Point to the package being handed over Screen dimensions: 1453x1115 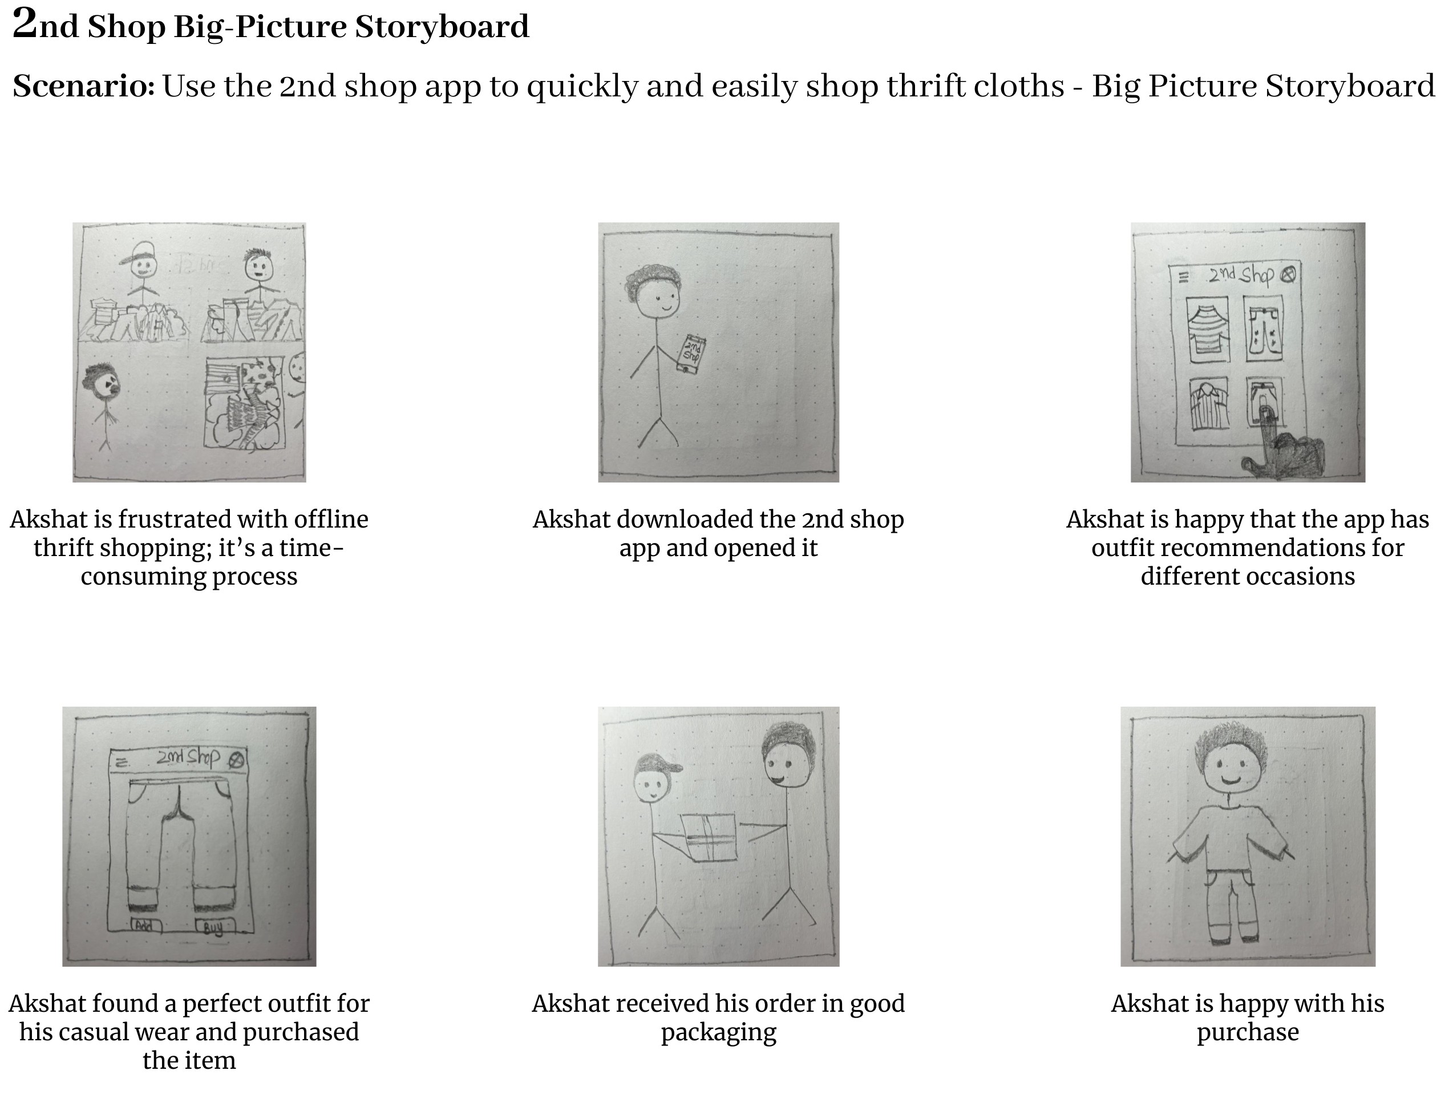(709, 837)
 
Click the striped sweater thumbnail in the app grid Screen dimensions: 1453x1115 (1207, 329)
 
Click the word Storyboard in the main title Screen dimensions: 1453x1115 (442, 27)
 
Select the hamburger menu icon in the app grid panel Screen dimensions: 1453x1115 (1183, 277)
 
